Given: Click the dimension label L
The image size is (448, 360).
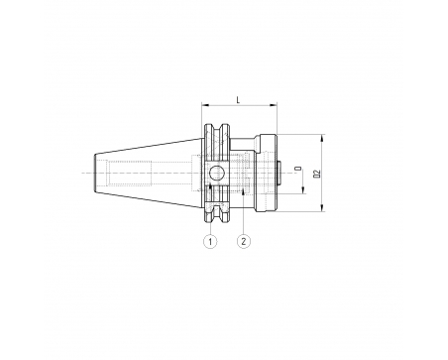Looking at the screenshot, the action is tap(238, 99).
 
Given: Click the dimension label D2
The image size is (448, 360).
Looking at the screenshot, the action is tap(317, 174).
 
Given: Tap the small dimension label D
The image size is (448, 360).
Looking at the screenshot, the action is tap(299, 169).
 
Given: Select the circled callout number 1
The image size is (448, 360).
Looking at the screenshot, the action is tap(210, 241).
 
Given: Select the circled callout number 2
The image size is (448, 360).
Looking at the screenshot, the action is tap(244, 241).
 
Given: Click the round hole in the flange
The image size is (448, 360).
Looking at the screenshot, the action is tap(217, 173).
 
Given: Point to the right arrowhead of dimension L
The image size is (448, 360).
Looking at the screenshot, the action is tap(274, 105).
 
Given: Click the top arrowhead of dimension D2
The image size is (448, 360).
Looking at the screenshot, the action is tap(323, 138).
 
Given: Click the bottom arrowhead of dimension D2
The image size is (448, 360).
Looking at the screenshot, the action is tap(323, 208).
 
